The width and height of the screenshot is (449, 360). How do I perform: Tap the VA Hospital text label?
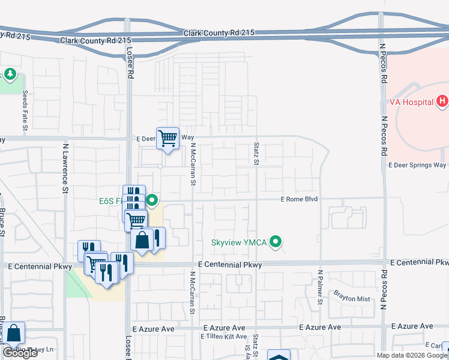click(411, 102)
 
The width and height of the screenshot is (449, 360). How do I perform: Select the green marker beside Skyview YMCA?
click(276, 242)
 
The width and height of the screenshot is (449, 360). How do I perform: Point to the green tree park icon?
click(10, 74)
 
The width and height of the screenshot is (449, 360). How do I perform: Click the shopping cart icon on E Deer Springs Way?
click(168, 139)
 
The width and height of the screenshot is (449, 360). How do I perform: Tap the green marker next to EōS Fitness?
click(152, 200)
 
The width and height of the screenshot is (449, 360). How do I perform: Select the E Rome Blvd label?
click(299, 199)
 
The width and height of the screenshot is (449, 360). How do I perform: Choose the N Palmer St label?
click(320, 289)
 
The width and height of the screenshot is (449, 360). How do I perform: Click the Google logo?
click(20, 353)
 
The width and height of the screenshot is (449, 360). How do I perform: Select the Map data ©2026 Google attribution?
click(412, 355)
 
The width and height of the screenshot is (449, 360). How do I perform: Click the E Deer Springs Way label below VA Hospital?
click(417, 165)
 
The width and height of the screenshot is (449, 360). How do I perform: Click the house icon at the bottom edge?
click(279, 356)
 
